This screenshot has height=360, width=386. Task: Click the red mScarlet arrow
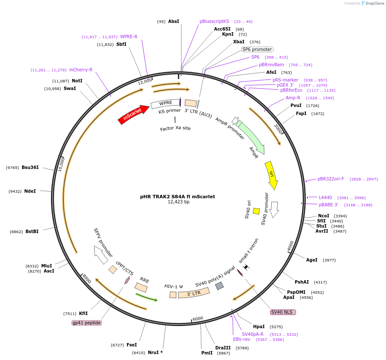click(134, 115)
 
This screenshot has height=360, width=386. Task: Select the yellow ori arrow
click(271, 175)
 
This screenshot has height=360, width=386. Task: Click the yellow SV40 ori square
click(256, 211)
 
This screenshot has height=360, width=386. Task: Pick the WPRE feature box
click(166, 104)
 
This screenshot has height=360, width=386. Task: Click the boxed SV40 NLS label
click(283, 312)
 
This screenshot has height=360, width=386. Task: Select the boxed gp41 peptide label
click(86, 323)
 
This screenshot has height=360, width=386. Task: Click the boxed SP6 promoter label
click(257, 49)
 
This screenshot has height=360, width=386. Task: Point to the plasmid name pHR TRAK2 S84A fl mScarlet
click(178, 197)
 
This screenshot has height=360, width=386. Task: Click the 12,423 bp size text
click(178, 202)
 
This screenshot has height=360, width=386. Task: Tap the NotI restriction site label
click(77, 81)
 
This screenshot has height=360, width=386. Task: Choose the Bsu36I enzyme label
click(30, 167)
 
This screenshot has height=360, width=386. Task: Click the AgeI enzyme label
click(312, 260)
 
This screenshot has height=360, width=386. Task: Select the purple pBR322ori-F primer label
click(331, 179)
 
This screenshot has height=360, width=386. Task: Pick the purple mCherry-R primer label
click(81, 70)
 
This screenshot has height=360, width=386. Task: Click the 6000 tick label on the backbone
click(198, 319)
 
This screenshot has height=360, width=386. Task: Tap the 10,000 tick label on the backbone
click(61, 164)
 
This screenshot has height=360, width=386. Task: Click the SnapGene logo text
click(375, 3)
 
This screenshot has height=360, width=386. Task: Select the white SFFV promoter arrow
click(101, 255)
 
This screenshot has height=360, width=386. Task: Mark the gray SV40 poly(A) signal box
click(220, 286)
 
